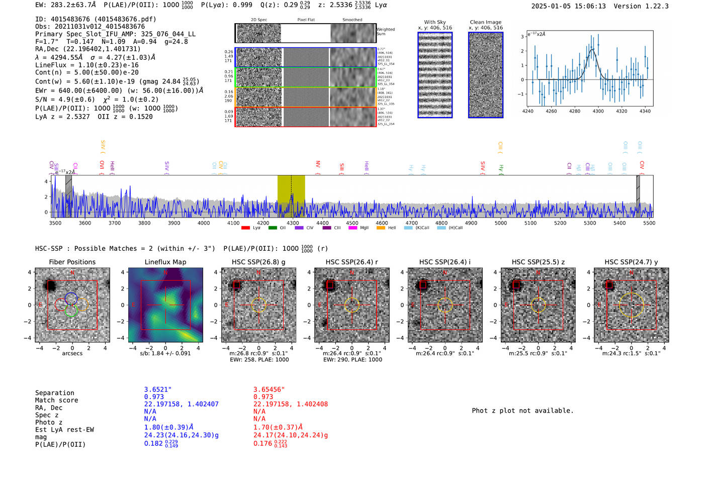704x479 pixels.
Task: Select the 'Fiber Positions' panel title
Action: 72,262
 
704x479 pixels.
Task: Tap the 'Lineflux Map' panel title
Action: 165,262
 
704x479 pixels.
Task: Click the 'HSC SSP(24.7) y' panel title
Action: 631,262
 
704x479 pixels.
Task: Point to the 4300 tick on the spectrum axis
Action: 293,223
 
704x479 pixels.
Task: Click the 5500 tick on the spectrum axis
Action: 649,223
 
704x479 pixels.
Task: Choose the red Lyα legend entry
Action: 251,228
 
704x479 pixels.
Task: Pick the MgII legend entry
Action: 359,228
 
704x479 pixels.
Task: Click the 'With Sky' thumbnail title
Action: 435,22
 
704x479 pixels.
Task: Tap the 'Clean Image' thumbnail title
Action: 486,22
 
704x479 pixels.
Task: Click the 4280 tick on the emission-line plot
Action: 575,111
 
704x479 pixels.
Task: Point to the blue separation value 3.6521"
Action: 158,390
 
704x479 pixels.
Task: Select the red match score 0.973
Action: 263,397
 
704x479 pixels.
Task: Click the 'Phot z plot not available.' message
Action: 522,411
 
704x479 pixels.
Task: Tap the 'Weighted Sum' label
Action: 386,32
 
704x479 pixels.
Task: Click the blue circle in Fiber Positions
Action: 71,299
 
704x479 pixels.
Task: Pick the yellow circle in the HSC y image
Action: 631,305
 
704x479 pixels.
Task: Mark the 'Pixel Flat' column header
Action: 306,20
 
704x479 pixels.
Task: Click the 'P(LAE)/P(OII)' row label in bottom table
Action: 60,444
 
